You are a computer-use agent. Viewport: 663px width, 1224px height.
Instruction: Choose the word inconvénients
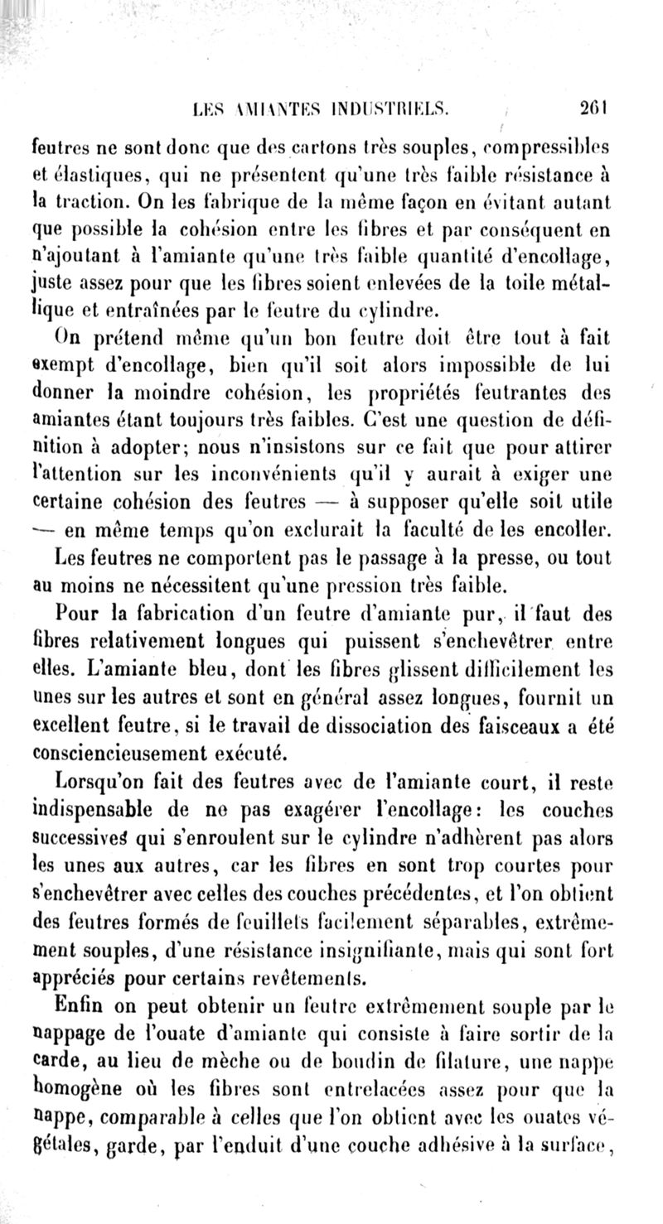coord(298,475)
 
